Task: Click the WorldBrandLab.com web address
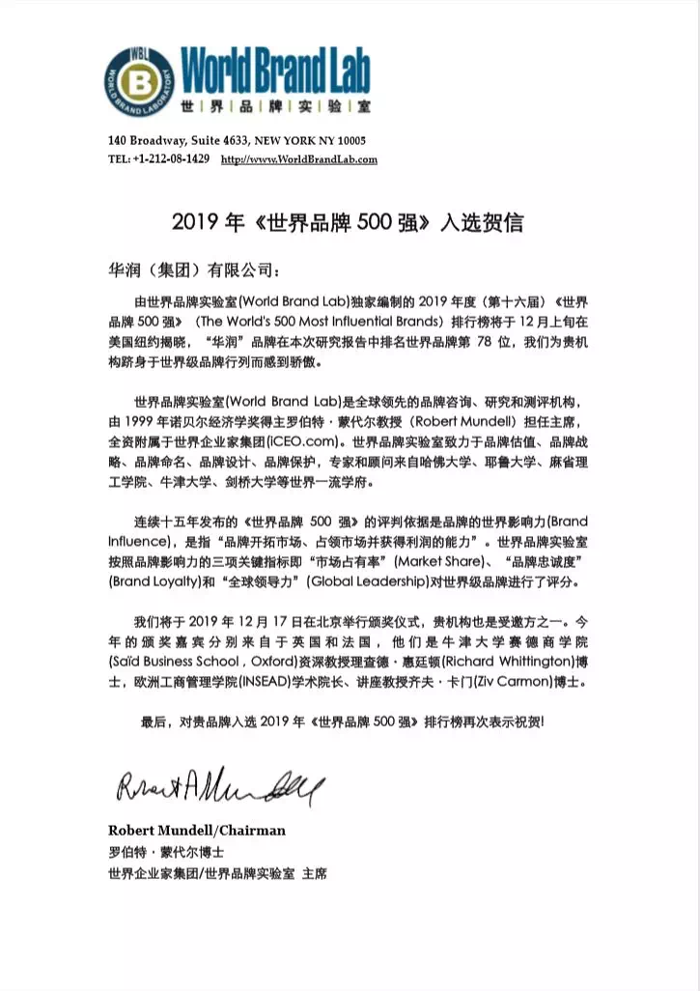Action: coord(299,159)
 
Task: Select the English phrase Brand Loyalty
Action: coord(151,582)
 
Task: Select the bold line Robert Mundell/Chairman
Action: coord(196,831)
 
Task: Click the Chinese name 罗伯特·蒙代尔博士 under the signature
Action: coord(165,852)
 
